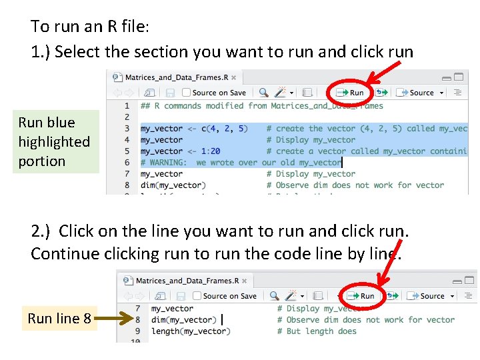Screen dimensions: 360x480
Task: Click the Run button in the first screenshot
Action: (x=351, y=93)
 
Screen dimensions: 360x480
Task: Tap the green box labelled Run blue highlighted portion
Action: (x=55, y=142)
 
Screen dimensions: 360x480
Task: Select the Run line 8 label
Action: (x=59, y=319)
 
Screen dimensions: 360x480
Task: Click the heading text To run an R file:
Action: (x=90, y=27)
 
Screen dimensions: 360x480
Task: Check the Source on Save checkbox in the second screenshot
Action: (x=197, y=295)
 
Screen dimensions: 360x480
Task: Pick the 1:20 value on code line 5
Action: (x=210, y=151)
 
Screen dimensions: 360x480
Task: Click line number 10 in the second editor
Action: (x=137, y=341)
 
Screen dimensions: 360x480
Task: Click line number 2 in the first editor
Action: (x=127, y=117)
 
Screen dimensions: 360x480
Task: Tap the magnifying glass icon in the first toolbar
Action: (x=264, y=93)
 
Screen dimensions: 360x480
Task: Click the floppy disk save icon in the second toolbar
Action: (x=181, y=295)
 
